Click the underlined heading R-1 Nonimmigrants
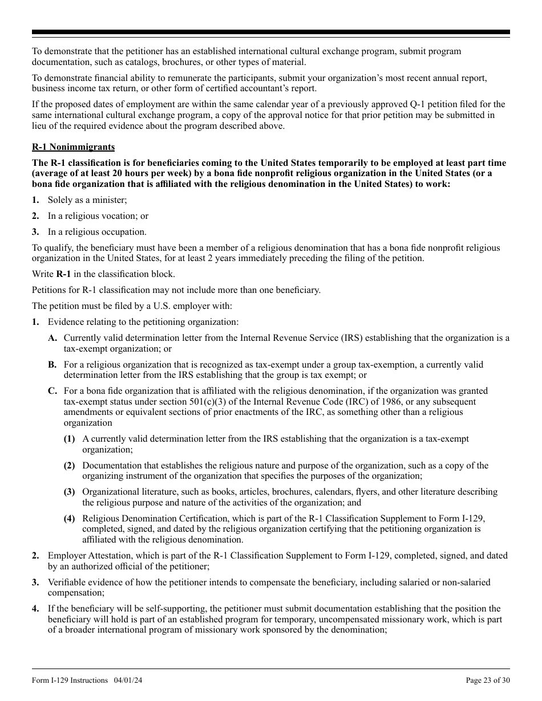73,147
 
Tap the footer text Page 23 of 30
488,680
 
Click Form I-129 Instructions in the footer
70,680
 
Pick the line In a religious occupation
97,232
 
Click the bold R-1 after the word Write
63,274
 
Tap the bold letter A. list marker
52,338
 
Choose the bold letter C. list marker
52,391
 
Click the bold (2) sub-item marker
69,466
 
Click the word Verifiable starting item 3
66,582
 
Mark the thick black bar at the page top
271,32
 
